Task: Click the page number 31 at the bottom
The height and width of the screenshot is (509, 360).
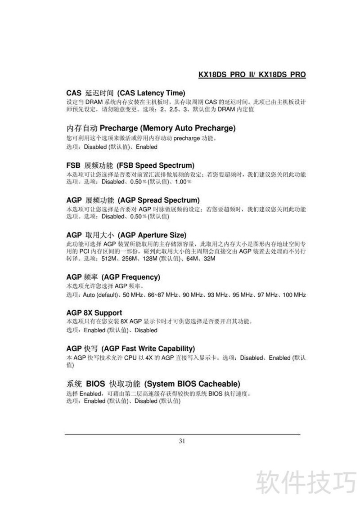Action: click(x=182, y=441)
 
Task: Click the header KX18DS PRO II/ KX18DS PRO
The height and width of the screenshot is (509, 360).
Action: click(x=252, y=74)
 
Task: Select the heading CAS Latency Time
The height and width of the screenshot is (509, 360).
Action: click(x=126, y=93)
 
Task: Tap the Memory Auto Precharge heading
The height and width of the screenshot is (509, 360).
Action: click(x=151, y=128)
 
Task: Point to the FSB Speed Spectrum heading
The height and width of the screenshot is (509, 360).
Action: click(x=130, y=165)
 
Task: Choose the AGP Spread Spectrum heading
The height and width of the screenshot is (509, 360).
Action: click(x=133, y=200)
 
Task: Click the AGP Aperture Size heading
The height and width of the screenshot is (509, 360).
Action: click(x=126, y=235)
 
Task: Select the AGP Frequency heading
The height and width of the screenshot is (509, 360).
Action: click(x=113, y=277)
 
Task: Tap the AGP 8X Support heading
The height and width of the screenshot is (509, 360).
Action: click(x=94, y=313)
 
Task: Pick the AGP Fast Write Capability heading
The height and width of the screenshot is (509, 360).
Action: click(x=130, y=348)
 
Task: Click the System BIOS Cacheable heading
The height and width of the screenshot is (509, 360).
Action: click(x=153, y=384)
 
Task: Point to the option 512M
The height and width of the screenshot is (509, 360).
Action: click(x=110, y=259)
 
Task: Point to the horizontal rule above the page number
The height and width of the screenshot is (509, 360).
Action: click(x=182, y=435)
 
